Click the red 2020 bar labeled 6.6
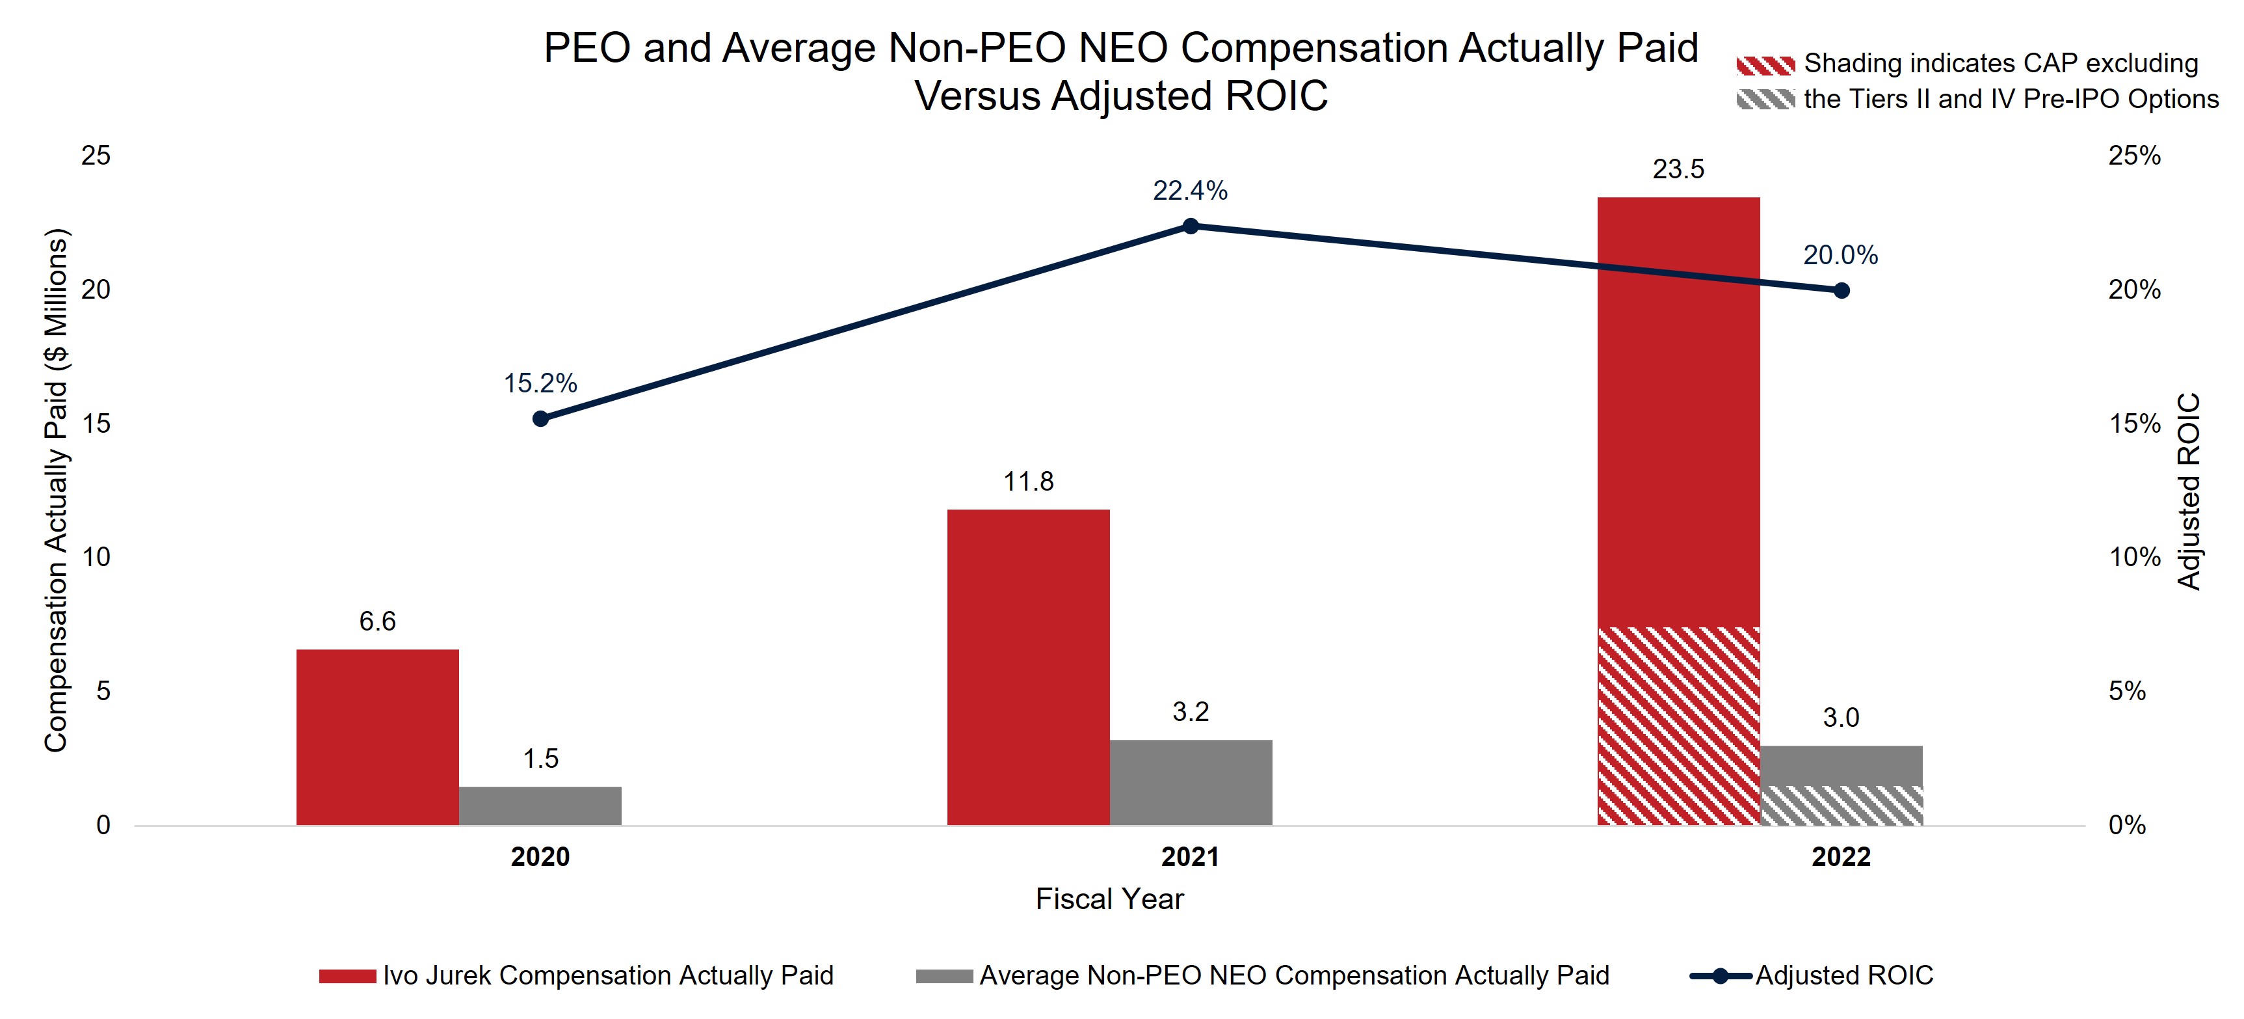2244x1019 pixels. click(377, 737)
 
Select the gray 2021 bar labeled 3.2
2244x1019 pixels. click(1190, 782)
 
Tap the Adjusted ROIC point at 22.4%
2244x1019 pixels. click(1190, 226)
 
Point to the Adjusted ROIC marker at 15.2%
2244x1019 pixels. click(540, 418)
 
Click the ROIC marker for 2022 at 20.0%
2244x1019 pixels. click(1841, 290)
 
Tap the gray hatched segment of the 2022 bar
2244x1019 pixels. click(1841, 806)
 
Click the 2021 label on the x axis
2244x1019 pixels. click(1190, 857)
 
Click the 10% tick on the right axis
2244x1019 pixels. click(2134, 557)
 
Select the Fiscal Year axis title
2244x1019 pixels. click(1109, 899)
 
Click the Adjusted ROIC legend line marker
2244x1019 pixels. click(1720, 975)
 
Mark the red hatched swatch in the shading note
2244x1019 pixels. click(1765, 65)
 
